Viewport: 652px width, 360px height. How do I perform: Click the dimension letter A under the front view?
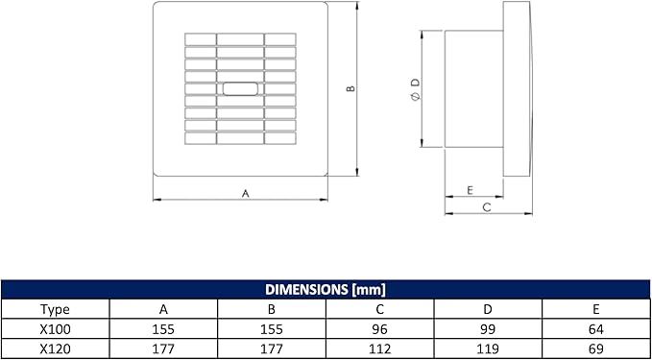pos(245,193)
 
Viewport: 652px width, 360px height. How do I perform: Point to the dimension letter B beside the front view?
pos(350,88)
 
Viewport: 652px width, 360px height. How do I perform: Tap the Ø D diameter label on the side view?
pos(416,89)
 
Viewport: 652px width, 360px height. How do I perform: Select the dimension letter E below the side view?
pos(470,190)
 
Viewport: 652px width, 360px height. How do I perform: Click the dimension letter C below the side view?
pos(488,207)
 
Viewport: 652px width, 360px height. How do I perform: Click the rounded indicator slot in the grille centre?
pos(240,89)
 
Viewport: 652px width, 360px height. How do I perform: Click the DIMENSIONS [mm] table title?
pos(326,290)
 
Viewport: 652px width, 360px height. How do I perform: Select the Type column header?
pos(56,309)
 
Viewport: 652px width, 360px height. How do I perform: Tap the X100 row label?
pos(56,329)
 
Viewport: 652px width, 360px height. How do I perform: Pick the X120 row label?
pos(56,349)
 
